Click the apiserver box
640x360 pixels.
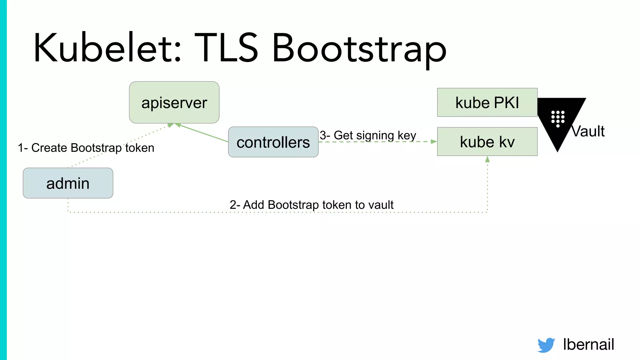[174, 102]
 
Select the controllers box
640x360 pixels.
[273, 142]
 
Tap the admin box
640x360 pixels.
[68, 183]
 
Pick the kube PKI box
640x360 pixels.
[487, 102]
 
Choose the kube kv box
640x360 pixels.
[487, 142]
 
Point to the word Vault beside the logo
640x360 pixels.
[588, 131]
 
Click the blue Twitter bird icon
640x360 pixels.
[546, 345]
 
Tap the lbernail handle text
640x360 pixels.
[588, 344]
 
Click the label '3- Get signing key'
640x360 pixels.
[368, 135]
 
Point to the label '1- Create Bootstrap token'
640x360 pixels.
[86, 148]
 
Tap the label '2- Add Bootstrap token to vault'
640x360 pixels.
[312, 205]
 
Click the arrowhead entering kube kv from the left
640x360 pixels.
[434, 142]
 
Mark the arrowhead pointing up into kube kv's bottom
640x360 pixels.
[487, 159]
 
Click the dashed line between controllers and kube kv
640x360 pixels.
[375, 142]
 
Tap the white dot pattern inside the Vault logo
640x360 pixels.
[558, 118]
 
